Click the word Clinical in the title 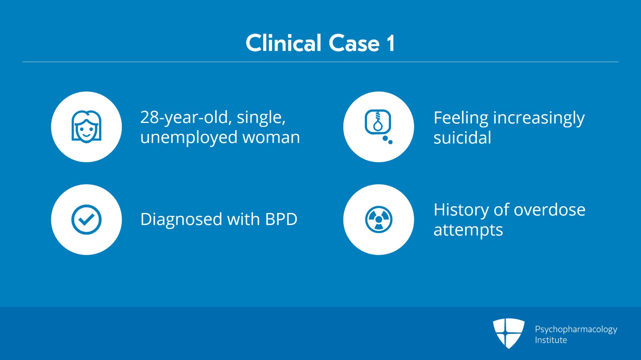point(284,43)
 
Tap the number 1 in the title point(390,43)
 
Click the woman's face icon point(86,127)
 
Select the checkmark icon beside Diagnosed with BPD point(86,219)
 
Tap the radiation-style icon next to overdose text point(378,219)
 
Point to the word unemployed point(189,137)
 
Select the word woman point(271,137)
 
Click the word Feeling point(461,118)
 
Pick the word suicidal point(462,138)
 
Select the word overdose point(549,210)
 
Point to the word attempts point(468,230)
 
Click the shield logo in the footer point(508,333)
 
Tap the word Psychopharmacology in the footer point(576,329)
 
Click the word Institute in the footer point(551,340)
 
